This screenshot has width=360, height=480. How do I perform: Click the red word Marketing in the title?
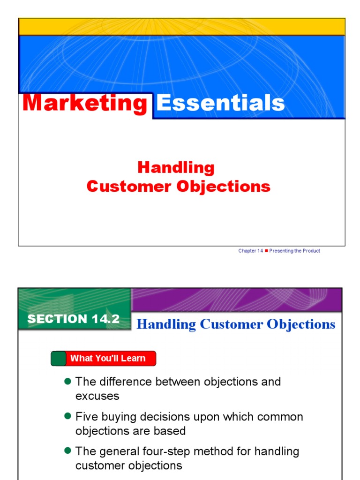[85, 103]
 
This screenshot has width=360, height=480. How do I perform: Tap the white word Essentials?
[220, 103]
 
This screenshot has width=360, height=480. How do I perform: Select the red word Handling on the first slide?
[176, 167]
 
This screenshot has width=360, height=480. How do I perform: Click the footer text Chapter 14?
[250, 251]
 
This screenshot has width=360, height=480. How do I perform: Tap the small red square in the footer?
[266, 251]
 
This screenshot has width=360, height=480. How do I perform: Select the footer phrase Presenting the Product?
[295, 251]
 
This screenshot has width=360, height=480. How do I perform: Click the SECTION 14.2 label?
[74, 319]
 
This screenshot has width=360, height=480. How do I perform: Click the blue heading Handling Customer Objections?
[236, 324]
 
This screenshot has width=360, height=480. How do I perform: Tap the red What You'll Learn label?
[108, 359]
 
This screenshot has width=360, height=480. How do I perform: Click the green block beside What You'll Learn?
[58, 359]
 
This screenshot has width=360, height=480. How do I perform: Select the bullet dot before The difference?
[67, 382]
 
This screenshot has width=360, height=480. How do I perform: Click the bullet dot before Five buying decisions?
[67, 416]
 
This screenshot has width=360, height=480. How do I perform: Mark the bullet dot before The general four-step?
[67, 451]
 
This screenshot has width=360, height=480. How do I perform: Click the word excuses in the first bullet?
[97, 396]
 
